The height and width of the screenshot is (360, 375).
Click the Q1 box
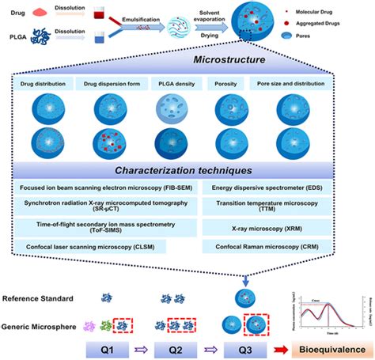tap(113, 349)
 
